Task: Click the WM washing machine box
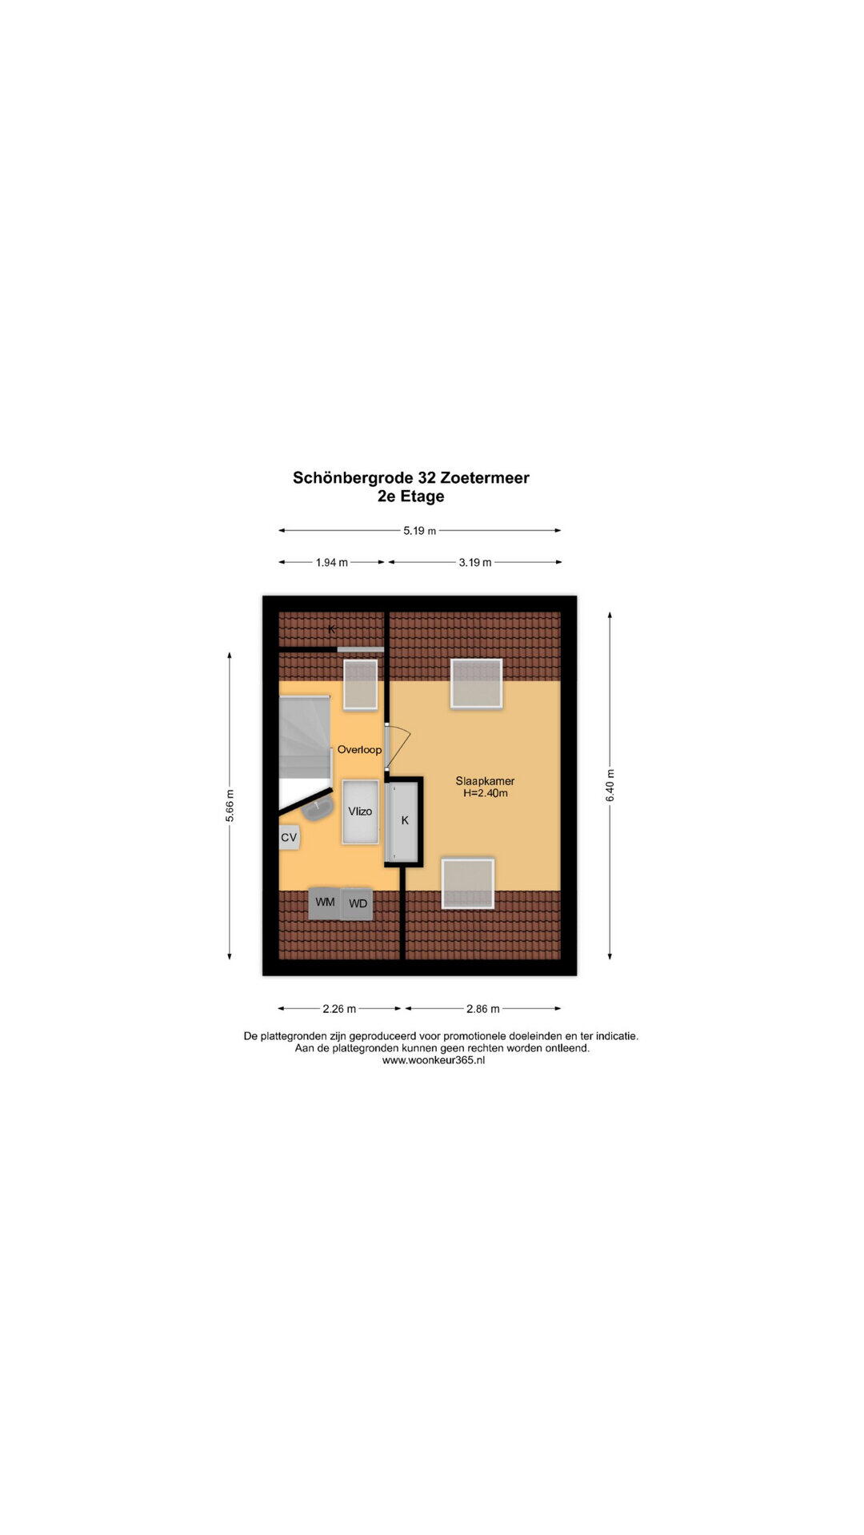tap(325, 903)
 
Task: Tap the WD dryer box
tap(358, 904)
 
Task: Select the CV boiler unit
tap(289, 838)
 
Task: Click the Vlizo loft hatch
tap(360, 811)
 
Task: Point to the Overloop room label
tap(359, 750)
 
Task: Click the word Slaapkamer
tap(485, 781)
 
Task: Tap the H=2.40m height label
tap(486, 793)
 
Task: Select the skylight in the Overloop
tap(360, 684)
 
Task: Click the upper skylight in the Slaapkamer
tap(476, 684)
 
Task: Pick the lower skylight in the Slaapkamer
tap(468, 883)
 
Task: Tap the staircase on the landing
tap(305, 736)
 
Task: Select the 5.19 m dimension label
tap(419, 531)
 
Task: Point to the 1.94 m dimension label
tap(331, 563)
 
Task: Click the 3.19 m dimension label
tap(475, 563)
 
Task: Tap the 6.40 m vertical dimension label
tap(610, 786)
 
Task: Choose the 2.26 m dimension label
tap(339, 1009)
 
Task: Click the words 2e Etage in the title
tap(411, 496)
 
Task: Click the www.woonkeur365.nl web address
tap(434, 1060)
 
